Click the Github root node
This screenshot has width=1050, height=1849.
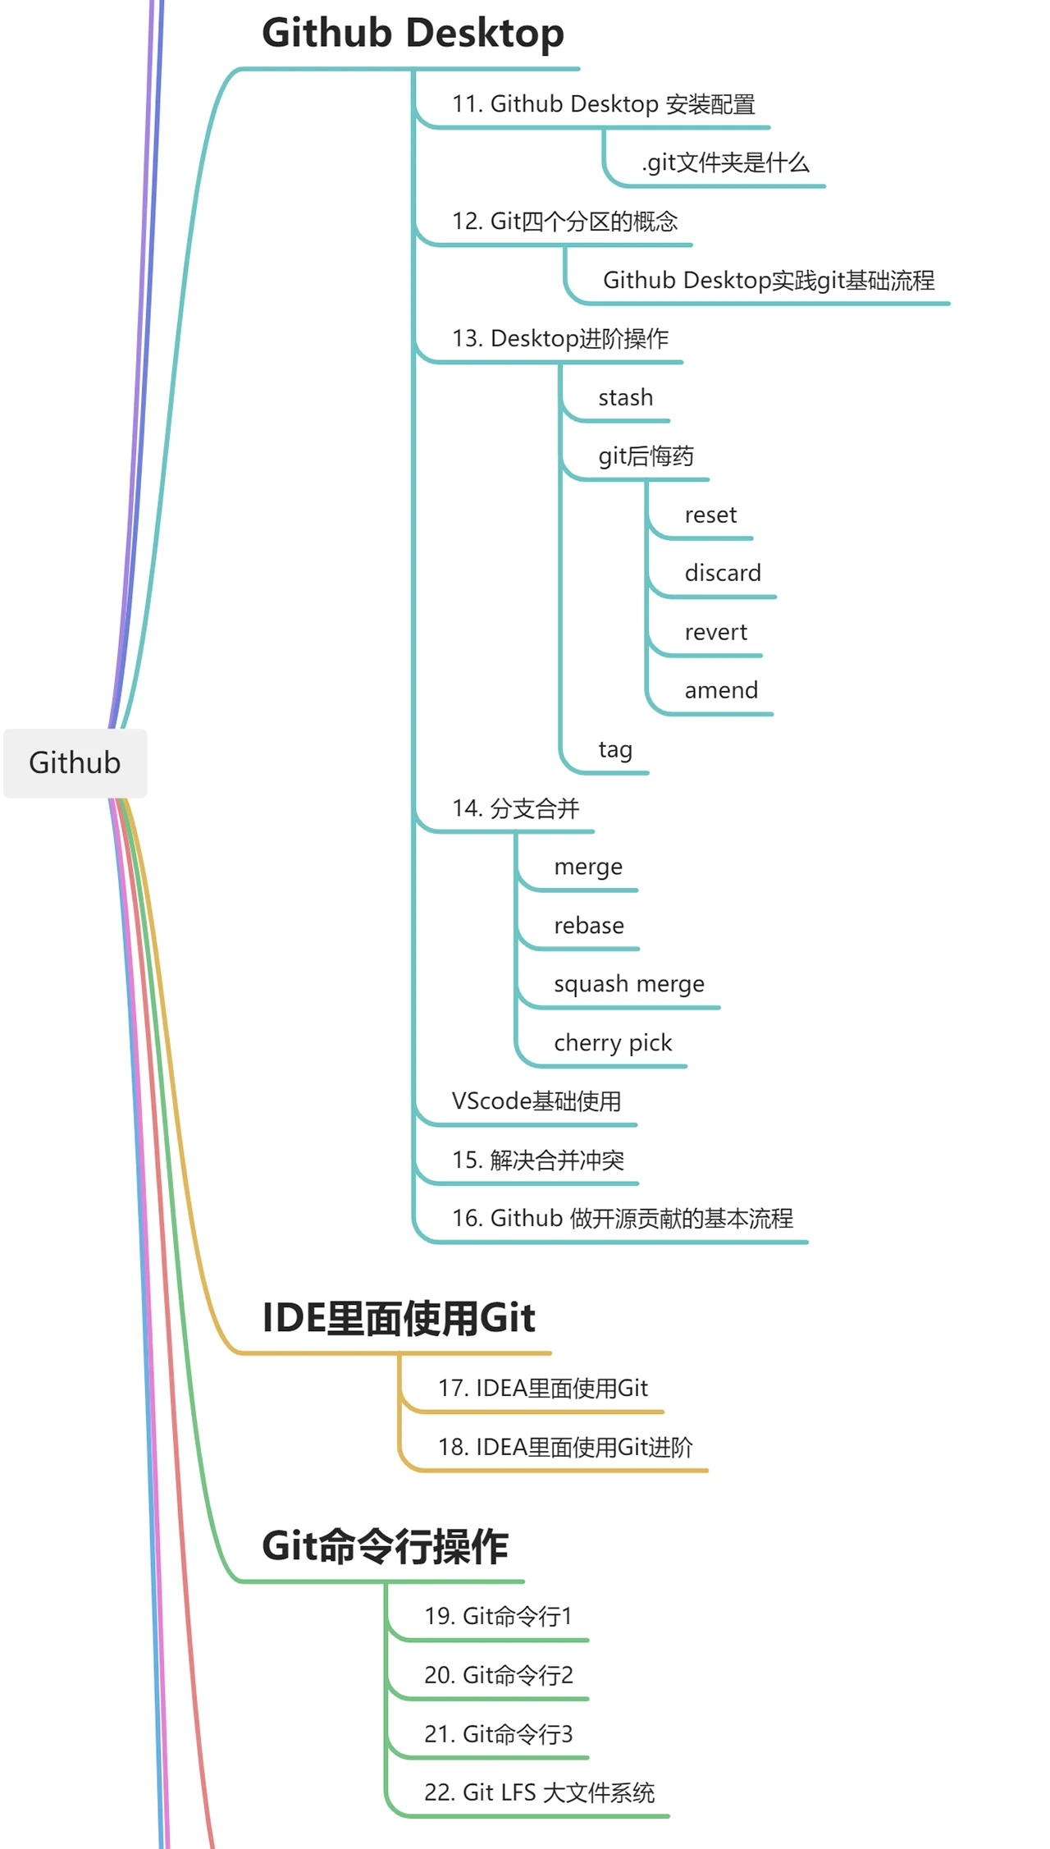tap(75, 762)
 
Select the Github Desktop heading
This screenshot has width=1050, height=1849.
tap(413, 34)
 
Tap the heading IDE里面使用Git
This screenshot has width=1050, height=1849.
tap(398, 1318)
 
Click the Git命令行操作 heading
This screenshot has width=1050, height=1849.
tap(385, 1546)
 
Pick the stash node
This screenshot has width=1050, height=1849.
tap(625, 398)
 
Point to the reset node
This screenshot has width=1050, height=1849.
tap(710, 515)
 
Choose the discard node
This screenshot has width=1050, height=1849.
tap(723, 573)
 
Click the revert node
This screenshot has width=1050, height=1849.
tap(715, 632)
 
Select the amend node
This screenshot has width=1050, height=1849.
tap(721, 690)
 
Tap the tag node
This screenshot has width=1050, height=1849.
tap(615, 749)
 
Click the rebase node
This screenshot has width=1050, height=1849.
tap(589, 926)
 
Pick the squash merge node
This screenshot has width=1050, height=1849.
tap(629, 984)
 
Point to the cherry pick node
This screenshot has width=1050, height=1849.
tap(613, 1043)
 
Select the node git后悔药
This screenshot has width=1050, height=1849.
tap(646, 456)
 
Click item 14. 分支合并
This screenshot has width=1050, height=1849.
tap(515, 808)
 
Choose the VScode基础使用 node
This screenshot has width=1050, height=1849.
tap(536, 1101)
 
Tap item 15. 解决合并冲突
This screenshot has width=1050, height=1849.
tap(538, 1160)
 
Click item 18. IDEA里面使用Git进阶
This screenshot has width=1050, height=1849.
tap(565, 1447)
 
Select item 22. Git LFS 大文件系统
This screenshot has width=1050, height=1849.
tap(539, 1793)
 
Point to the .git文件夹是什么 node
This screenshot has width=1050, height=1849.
tap(725, 162)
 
